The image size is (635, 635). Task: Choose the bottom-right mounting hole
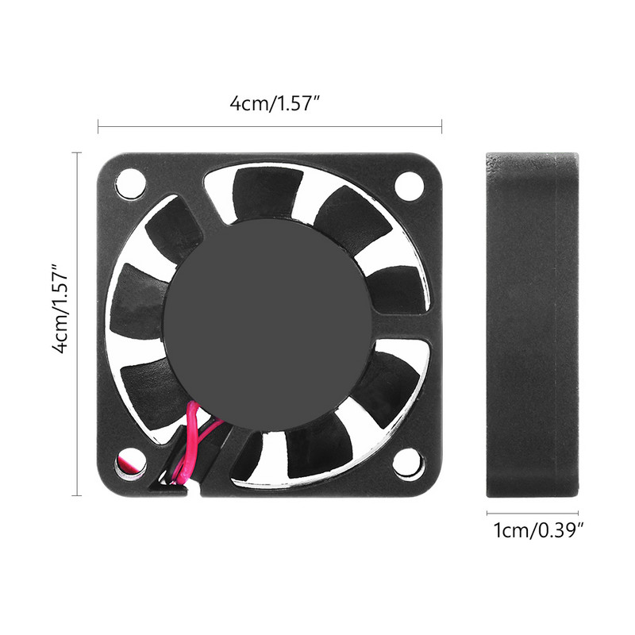410,463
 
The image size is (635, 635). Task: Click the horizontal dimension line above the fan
270,124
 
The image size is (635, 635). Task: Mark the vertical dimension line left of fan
77,324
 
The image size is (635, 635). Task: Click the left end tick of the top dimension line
98,124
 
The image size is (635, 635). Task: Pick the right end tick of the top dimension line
441,124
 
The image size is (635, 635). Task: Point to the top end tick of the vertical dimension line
77,152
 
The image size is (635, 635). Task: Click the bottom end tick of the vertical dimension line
77,495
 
